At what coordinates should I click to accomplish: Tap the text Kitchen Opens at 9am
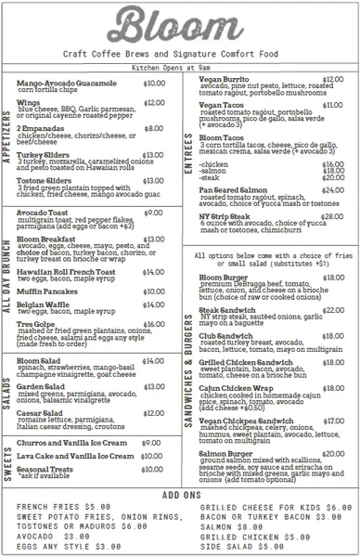point(179,68)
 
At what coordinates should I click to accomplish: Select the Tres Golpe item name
point(36,324)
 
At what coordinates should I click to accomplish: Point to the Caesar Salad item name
point(42,412)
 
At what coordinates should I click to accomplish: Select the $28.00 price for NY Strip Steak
point(331,215)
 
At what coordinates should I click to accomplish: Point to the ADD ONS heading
point(180,496)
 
